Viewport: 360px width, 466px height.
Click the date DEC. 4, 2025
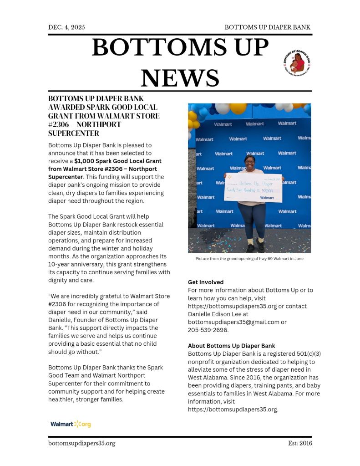click(x=66, y=27)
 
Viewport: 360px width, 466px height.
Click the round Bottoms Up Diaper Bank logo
click(x=297, y=62)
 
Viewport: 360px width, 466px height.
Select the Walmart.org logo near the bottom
click(x=71, y=424)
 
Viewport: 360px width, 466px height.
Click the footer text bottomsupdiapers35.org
click(x=81, y=443)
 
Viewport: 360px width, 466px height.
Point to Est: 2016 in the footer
click(x=300, y=443)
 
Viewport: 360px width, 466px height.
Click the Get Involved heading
click(x=206, y=282)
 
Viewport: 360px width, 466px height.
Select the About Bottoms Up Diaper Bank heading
click(x=231, y=346)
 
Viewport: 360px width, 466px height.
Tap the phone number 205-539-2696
click(x=208, y=330)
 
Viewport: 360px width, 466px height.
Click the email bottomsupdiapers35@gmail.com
click(x=233, y=322)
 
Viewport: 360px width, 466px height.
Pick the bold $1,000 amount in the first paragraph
click(x=84, y=161)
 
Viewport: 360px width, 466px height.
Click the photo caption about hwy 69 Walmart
click(x=249, y=259)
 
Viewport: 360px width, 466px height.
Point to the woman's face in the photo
click(x=250, y=160)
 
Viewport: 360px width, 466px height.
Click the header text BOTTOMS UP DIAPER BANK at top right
click(x=268, y=27)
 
